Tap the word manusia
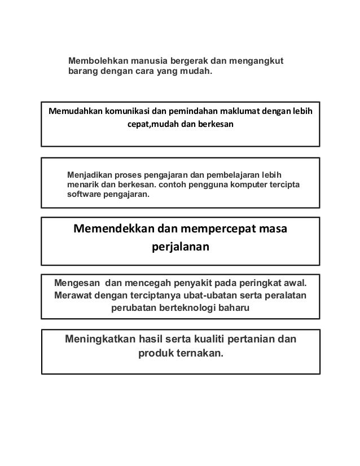(x=147, y=60)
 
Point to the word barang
(x=82, y=72)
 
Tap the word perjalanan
(x=181, y=248)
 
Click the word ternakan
(x=199, y=354)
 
